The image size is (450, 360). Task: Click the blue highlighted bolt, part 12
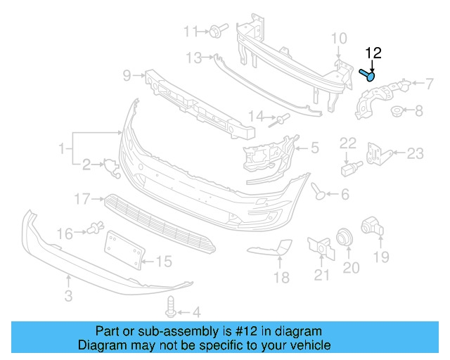(368, 74)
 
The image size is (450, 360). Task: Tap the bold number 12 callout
(373, 53)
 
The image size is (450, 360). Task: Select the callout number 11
(191, 31)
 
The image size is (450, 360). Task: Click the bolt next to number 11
(214, 30)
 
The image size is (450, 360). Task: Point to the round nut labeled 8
(397, 110)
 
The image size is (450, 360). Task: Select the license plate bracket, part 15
(124, 250)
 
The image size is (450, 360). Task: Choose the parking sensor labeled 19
(370, 227)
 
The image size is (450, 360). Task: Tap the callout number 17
(82, 200)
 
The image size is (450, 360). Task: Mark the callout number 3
(67, 296)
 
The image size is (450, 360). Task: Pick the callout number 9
(127, 75)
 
